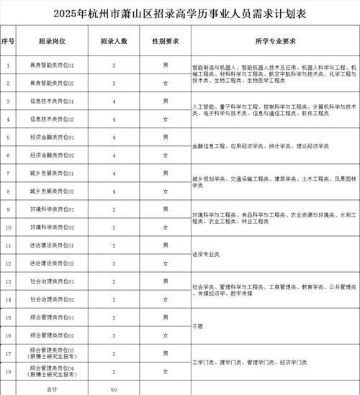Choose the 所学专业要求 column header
point(274,42)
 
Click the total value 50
point(113,389)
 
